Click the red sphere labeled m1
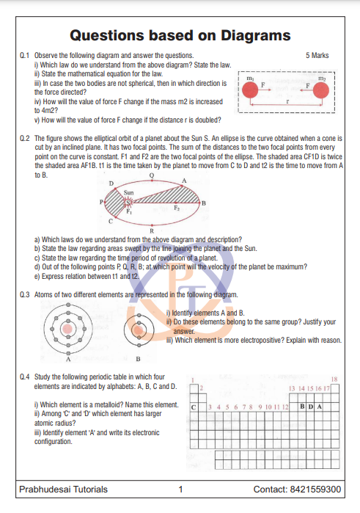coord(250,90)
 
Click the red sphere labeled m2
coord(320,90)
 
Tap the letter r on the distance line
coord(287,101)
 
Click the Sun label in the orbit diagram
coord(128,193)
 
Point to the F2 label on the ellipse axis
coord(177,208)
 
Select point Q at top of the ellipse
coord(152,175)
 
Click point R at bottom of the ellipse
coord(152,230)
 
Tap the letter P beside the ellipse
coord(101,202)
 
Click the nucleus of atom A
coord(67,329)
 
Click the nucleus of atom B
coord(139,330)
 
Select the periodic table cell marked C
coord(194,407)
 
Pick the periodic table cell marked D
coord(311,407)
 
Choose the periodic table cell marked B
coord(302,407)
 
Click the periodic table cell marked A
coord(319,407)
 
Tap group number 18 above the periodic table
coord(334,379)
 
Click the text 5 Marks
coord(317,55)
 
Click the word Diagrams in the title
coord(256,36)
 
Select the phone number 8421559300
coord(315,489)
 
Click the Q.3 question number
coord(24,295)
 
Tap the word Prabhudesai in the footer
coord(45,489)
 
